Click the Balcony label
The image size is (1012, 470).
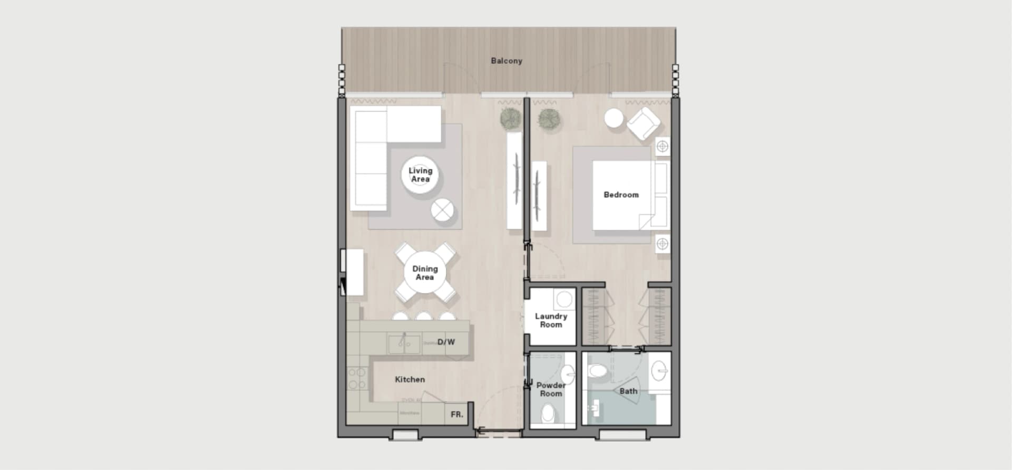pos(506,61)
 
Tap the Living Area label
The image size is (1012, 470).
pos(420,175)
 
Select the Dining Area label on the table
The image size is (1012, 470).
pos(425,273)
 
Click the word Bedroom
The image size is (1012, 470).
pos(621,195)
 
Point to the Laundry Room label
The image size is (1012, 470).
pos(551,320)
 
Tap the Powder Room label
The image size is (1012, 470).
pos(550,389)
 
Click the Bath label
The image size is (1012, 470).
pos(628,391)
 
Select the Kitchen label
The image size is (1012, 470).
pos(410,379)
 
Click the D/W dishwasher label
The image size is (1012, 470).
pos(446,342)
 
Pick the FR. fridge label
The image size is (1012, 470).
pos(457,415)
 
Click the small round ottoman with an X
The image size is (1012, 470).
pos(442,210)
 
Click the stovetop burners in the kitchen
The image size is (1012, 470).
pos(357,378)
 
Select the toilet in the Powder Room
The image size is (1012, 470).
pos(548,413)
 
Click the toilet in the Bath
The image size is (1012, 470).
pos(597,370)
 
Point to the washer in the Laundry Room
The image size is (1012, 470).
pos(565,300)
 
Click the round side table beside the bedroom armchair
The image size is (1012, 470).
pos(614,118)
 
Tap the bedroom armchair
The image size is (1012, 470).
pos(643,123)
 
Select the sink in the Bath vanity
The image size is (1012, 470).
pos(659,371)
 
